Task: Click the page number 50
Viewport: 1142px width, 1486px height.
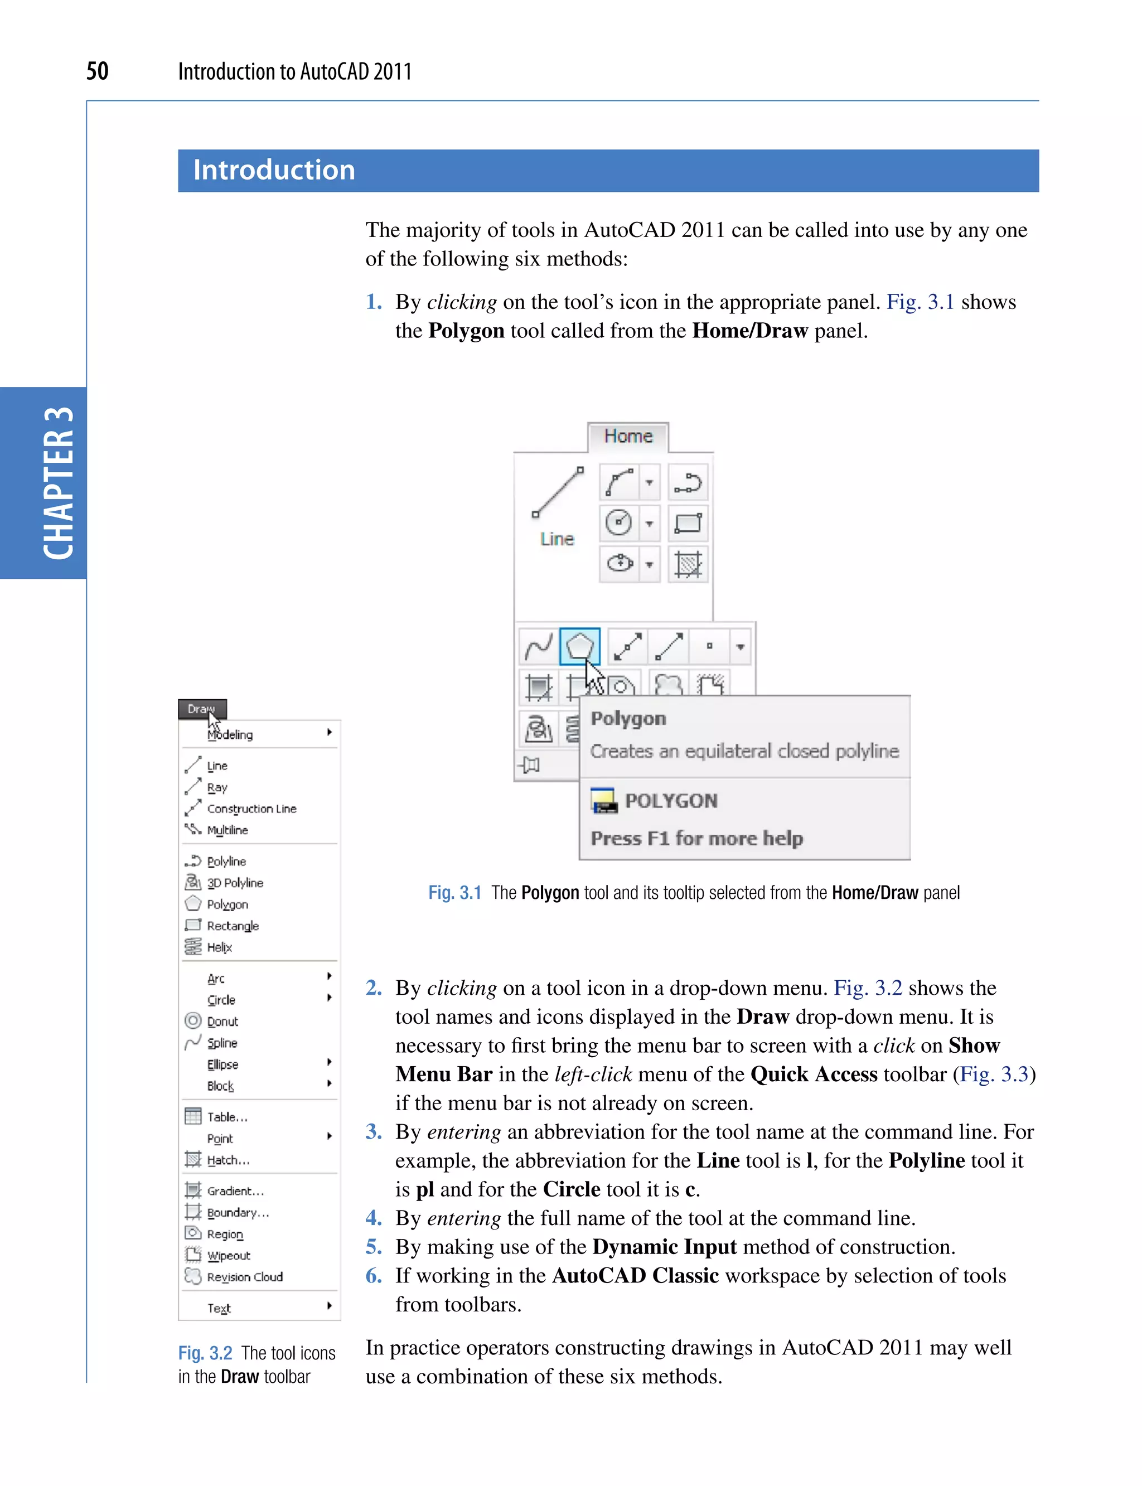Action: pos(97,71)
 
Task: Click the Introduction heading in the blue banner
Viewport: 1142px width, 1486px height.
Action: pos(274,170)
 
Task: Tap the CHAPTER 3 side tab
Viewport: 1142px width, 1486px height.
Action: pos(58,483)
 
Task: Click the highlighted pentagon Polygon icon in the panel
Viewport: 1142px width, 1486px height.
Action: pos(579,646)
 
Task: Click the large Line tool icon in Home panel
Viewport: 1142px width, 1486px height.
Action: pos(558,493)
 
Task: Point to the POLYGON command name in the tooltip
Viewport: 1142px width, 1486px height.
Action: pos(670,801)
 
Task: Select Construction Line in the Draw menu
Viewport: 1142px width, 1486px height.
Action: pos(251,809)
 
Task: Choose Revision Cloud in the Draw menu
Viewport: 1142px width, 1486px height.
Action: pos(245,1277)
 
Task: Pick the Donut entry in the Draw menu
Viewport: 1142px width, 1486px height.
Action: pos(222,1021)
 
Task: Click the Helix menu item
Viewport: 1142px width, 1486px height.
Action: pos(219,947)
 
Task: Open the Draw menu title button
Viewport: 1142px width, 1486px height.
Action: pos(202,708)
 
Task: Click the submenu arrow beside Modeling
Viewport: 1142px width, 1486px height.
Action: pos(329,732)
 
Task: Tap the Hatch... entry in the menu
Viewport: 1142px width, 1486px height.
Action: pos(228,1160)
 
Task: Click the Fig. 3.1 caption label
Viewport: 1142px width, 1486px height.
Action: pos(454,893)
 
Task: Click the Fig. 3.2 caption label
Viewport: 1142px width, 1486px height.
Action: pos(205,1353)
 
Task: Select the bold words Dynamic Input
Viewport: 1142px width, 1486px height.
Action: pos(664,1247)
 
